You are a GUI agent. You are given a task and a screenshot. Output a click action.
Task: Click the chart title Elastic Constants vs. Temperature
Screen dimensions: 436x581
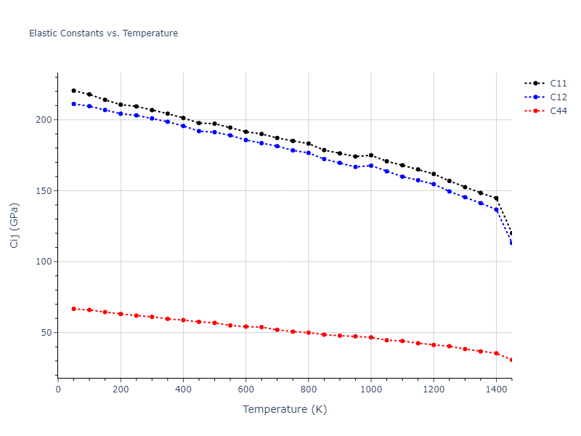pyautogui.click(x=103, y=33)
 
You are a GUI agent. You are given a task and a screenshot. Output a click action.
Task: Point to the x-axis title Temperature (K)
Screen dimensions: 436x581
pyautogui.click(x=285, y=409)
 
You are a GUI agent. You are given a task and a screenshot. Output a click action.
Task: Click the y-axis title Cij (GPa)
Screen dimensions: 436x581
pyautogui.click(x=15, y=225)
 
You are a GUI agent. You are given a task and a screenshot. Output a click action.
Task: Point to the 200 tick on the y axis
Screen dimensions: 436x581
pyautogui.click(x=47, y=120)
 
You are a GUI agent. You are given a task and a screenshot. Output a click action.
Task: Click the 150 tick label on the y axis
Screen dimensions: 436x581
pyautogui.click(x=47, y=191)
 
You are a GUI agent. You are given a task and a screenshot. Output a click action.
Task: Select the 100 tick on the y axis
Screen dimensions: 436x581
pyautogui.click(x=47, y=262)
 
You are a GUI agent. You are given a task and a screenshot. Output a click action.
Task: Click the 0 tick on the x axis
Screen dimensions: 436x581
pyautogui.click(x=58, y=389)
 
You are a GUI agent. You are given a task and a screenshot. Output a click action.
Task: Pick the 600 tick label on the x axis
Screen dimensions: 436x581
pyautogui.click(x=245, y=389)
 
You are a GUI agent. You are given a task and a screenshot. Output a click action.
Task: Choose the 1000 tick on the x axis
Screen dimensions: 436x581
pyautogui.click(x=371, y=389)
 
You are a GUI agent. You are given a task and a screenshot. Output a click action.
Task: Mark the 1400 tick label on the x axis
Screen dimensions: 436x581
pyautogui.click(x=496, y=389)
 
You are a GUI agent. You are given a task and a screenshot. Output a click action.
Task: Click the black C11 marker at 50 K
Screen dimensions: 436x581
pyautogui.click(x=73, y=91)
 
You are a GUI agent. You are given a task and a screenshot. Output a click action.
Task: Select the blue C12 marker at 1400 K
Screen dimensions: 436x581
pyautogui.click(x=496, y=209)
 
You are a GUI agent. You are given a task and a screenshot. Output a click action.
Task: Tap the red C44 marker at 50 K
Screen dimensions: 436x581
pyautogui.click(x=73, y=309)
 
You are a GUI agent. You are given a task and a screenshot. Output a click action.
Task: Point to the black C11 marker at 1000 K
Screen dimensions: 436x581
pyautogui.click(x=371, y=155)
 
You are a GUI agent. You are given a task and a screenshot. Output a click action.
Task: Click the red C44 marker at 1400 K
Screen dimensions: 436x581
pyautogui.click(x=496, y=353)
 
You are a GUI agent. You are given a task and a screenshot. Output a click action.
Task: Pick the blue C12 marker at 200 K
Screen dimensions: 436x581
pyautogui.click(x=121, y=113)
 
